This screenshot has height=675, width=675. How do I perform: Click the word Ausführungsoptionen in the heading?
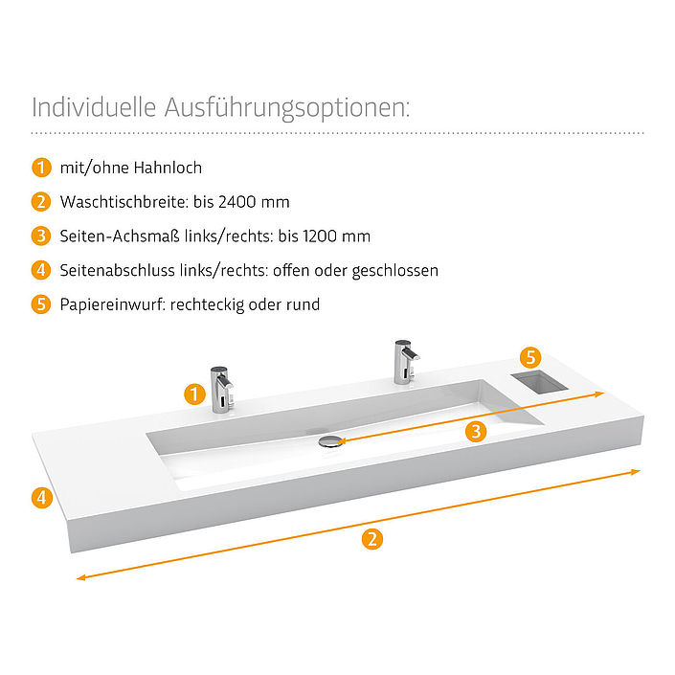click(x=286, y=107)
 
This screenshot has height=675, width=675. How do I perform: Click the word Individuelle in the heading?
click(x=94, y=107)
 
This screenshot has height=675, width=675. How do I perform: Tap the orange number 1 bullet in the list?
click(x=41, y=168)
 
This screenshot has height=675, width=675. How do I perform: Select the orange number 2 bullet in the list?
click(x=41, y=202)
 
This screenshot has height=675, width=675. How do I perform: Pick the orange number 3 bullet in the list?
click(x=41, y=236)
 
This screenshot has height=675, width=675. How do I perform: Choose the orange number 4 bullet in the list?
click(x=41, y=270)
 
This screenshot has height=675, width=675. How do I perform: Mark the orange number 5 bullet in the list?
click(x=41, y=304)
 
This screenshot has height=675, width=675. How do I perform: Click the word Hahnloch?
click(x=168, y=168)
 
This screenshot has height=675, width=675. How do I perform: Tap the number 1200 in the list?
click(x=321, y=236)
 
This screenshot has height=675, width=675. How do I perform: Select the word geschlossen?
click(x=395, y=271)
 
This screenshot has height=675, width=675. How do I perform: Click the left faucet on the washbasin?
click(x=221, y=390)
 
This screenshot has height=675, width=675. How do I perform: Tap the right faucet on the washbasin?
click(x=406, y=362)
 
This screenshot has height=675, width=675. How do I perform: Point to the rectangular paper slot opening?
click(x=539, y=383)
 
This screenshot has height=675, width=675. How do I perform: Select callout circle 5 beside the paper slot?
click(x=530, y=357)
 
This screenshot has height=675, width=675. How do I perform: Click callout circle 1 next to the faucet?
click(x=194, y=394)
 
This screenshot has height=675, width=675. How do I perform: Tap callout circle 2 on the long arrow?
click(x=372, y=539)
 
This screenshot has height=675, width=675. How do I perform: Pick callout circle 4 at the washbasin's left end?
click(x=42, y=498)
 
